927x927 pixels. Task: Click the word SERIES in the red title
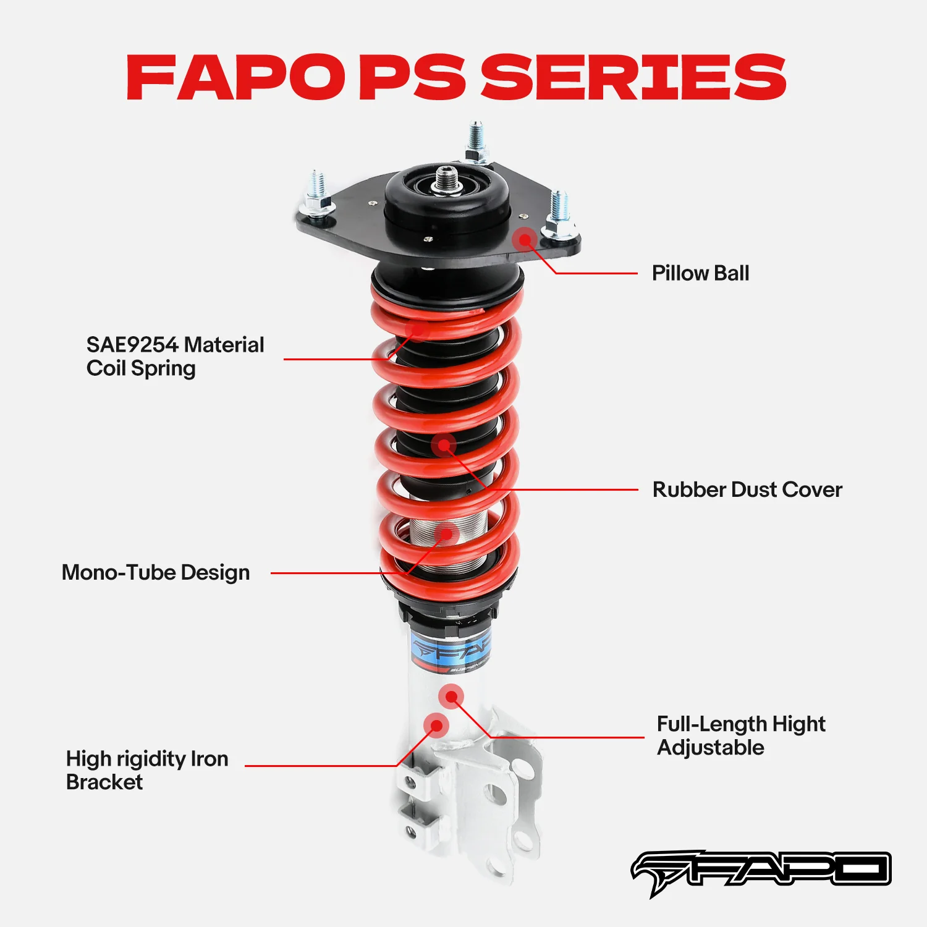[633, 77]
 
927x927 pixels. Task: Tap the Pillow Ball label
[700, 273]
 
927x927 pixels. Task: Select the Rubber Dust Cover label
[747, 490]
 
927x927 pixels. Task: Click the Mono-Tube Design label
[156, 573]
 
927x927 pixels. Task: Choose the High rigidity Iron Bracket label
[147, 770]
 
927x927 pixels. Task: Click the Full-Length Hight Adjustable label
[740, 735]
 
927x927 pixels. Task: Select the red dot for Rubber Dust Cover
[444, 444]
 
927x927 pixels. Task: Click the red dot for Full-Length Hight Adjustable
[451, 697]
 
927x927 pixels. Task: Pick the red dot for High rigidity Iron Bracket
[436, 725]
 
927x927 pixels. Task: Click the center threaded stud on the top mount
[444, 179]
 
